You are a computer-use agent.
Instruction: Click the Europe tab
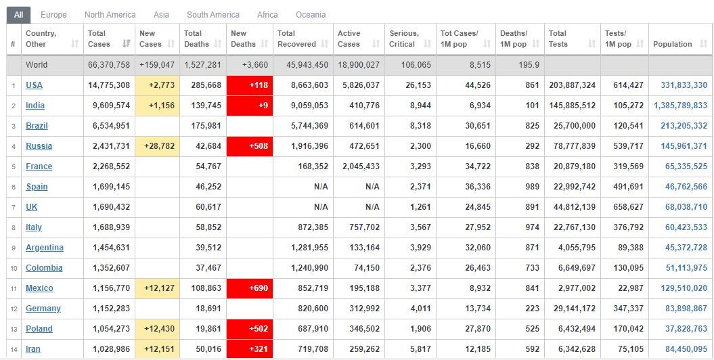pos(53,15)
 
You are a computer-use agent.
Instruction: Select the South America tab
pos(213,15)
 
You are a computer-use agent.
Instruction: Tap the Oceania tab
pos(311,15)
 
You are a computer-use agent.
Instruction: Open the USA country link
pos(34,85)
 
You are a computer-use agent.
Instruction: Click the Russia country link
pos(39,146)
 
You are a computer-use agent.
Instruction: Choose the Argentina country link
pos(45,248)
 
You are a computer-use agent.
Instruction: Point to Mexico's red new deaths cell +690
pos(250,288)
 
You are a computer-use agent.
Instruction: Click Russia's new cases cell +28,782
pos(157,146)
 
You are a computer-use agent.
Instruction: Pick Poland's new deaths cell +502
pos(250,329)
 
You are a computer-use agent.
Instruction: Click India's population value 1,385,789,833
pos(681,106)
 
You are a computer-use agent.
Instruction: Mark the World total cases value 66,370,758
pos(109,65)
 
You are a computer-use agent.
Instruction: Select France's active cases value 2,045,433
pos(359,166)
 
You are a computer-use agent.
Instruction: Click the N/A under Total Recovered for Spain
pos(320,187)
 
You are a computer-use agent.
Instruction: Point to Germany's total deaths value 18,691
pos(208,309)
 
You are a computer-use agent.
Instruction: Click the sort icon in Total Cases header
pos(126,44)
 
